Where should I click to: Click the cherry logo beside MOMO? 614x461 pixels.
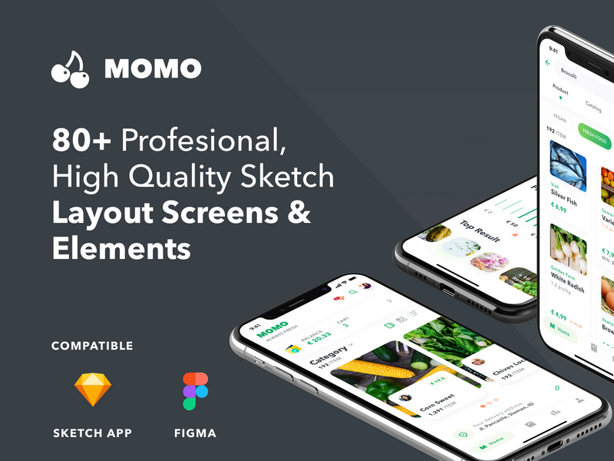coord(71,68)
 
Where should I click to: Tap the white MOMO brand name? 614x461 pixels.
coord(153,69)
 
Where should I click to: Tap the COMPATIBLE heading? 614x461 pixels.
coord(92,346)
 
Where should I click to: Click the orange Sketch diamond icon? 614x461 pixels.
coord(92,390)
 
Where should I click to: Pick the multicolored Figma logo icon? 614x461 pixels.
coord(195,390)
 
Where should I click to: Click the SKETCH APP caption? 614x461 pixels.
coord(92,433)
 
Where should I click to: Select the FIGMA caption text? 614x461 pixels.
coord(195,433)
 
